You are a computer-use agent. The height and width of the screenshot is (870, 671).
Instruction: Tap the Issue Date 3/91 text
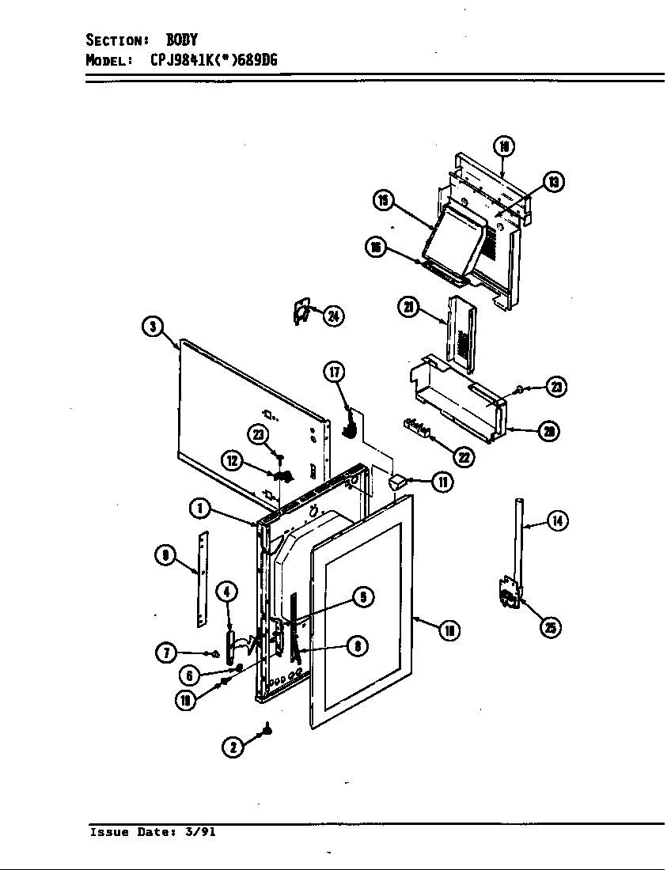(152, 832)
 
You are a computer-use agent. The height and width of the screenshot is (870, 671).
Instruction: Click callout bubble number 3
(154, 326)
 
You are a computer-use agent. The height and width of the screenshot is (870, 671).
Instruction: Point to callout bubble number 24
(334, 316)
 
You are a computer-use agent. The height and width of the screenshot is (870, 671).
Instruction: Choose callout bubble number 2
(233, 747)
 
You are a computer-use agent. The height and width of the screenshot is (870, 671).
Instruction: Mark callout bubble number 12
(233, 461)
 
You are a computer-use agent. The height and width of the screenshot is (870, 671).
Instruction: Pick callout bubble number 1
(199, 509)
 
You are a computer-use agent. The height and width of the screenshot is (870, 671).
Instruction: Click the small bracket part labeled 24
(298, 312)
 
